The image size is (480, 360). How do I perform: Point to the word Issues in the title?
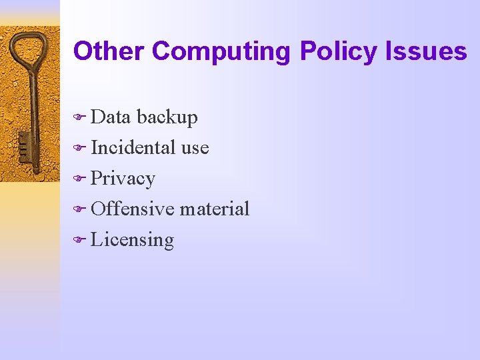click(x=429, y=51)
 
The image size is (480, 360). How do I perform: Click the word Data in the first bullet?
click(x=111, y=117)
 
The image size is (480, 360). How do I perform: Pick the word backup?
click(x=167, y=118)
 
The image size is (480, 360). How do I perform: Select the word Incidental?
click(x=133, y=147)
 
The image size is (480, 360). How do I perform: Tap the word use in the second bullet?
click(x=195, y=148)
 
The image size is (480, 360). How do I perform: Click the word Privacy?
click(x=123, y=179)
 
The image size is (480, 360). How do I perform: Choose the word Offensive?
click(x=133, y=209)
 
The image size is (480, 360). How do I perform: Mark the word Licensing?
click(x=132, y=240)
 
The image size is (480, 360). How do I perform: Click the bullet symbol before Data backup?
click(x=79, y=118)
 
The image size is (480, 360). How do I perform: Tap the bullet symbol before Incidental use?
click(x=79, y=149)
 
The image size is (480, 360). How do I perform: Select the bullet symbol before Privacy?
click(x=79, y=179)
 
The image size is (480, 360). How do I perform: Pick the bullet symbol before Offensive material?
click(x=79, y=210)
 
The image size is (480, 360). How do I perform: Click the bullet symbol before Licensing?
click(x=79, y=241)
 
